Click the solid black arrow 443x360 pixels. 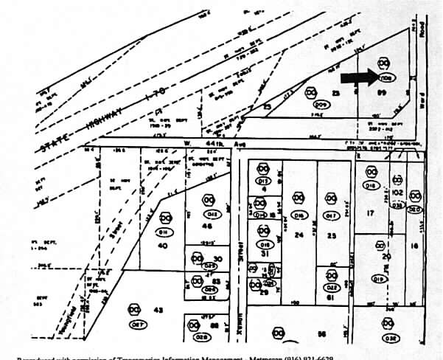358,77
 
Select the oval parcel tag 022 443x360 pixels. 332,287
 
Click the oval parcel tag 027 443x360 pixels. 135,324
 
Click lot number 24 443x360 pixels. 299,235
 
